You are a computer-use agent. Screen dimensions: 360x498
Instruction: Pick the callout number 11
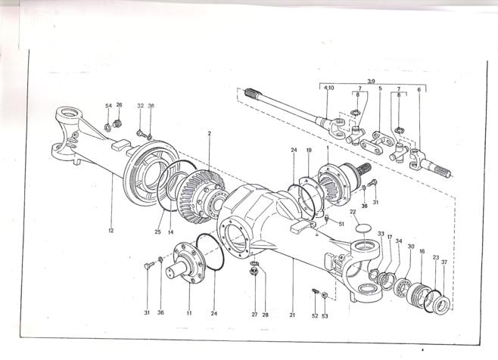tap(189, 312)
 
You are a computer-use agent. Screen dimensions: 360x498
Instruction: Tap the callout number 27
tap(254, 313)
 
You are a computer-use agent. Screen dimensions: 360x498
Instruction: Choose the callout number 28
tap(266, 313)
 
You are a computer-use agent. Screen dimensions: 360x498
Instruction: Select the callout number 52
tap(313, 315)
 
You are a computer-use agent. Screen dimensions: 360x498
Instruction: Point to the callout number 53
tap(326, 315)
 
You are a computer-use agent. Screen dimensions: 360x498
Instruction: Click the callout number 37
tap(444, 262)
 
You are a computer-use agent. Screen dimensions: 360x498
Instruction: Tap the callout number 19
tap(309, 151)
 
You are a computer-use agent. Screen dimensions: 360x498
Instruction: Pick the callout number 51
tap(342, 224)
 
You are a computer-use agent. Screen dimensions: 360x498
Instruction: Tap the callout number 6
tap(419, 88)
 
